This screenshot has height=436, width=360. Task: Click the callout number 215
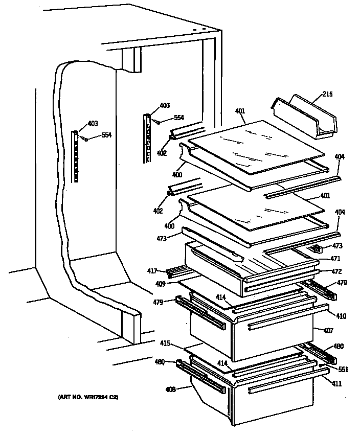pyautogui.click(x=327, y=94)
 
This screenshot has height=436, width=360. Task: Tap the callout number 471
pyautogui.click(x=335, y=259)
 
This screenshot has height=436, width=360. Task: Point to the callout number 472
pyautogui.click(x=336, y=271)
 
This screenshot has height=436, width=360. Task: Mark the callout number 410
pyautogui.click(x=341, y=316)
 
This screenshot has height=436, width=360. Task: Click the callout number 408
pyautogui.click(x=170, y=389)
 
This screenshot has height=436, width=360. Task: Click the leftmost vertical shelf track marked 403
pyautogui.click(x=76, y=156)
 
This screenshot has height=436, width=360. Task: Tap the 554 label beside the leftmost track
pyautogui.click(x=106, y=135)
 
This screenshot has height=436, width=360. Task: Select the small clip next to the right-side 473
pyautogui.click(x=316, y=249)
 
